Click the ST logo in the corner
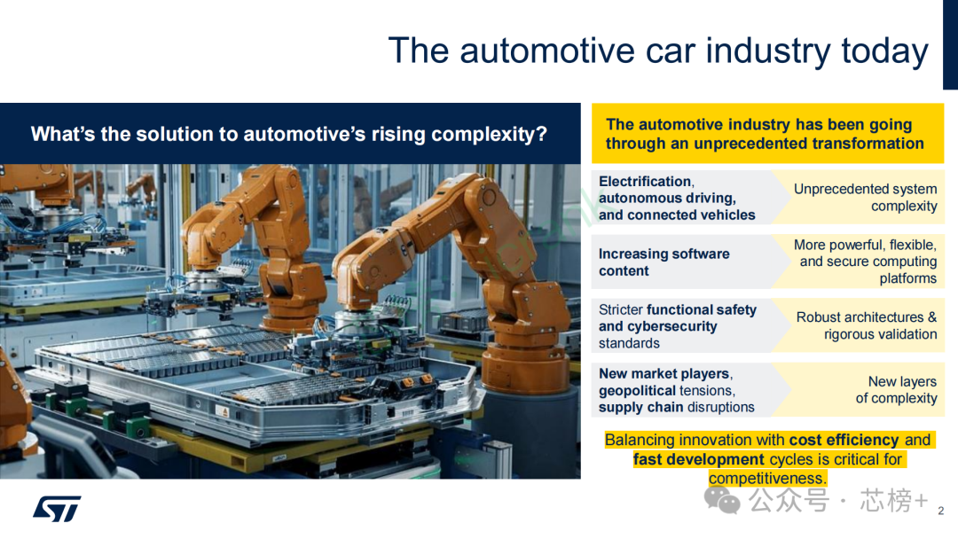point(57,509)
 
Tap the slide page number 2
point(941,511)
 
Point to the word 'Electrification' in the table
point(645,182)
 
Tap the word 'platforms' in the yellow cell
point(908,278)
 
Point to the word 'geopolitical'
point(637,391)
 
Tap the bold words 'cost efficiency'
point(844,440)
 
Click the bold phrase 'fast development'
point(699,459)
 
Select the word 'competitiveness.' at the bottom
point(768,478)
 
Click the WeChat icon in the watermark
point(722,500)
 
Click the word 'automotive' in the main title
point(546,51)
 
